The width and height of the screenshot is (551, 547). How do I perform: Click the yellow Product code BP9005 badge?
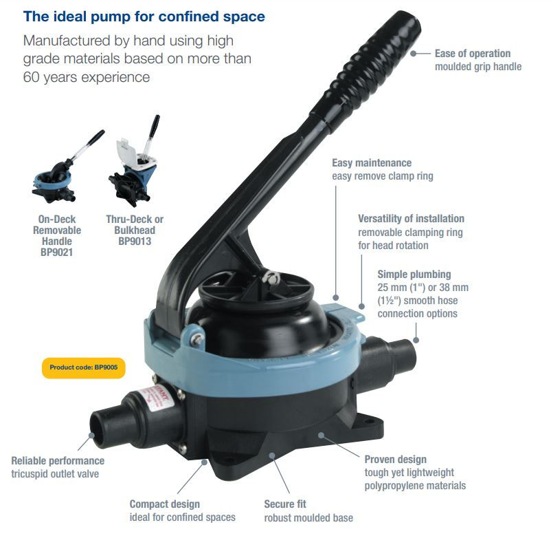tap(84, 368)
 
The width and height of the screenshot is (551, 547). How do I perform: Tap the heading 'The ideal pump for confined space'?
tap(144, 17)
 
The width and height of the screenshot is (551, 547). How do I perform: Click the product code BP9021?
tap(56, 253)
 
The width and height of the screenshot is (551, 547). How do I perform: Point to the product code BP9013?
tap(135, 242)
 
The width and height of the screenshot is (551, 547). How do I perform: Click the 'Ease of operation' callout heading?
tap(473, 54)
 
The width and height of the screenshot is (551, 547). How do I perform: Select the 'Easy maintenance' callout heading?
tap(372, 163)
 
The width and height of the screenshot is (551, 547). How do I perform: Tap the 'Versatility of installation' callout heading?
tap(411, 219)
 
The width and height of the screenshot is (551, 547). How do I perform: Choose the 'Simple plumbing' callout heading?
tap(414, 275)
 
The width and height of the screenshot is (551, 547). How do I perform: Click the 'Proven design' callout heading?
tap(396, 460)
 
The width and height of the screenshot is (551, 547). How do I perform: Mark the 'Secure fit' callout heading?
tap(285, 504)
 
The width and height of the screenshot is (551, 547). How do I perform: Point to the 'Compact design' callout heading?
tap(165, 504)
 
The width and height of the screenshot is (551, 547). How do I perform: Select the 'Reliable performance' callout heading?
tap(58, 461)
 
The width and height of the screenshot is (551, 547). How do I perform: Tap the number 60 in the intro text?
tap(30, 77)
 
